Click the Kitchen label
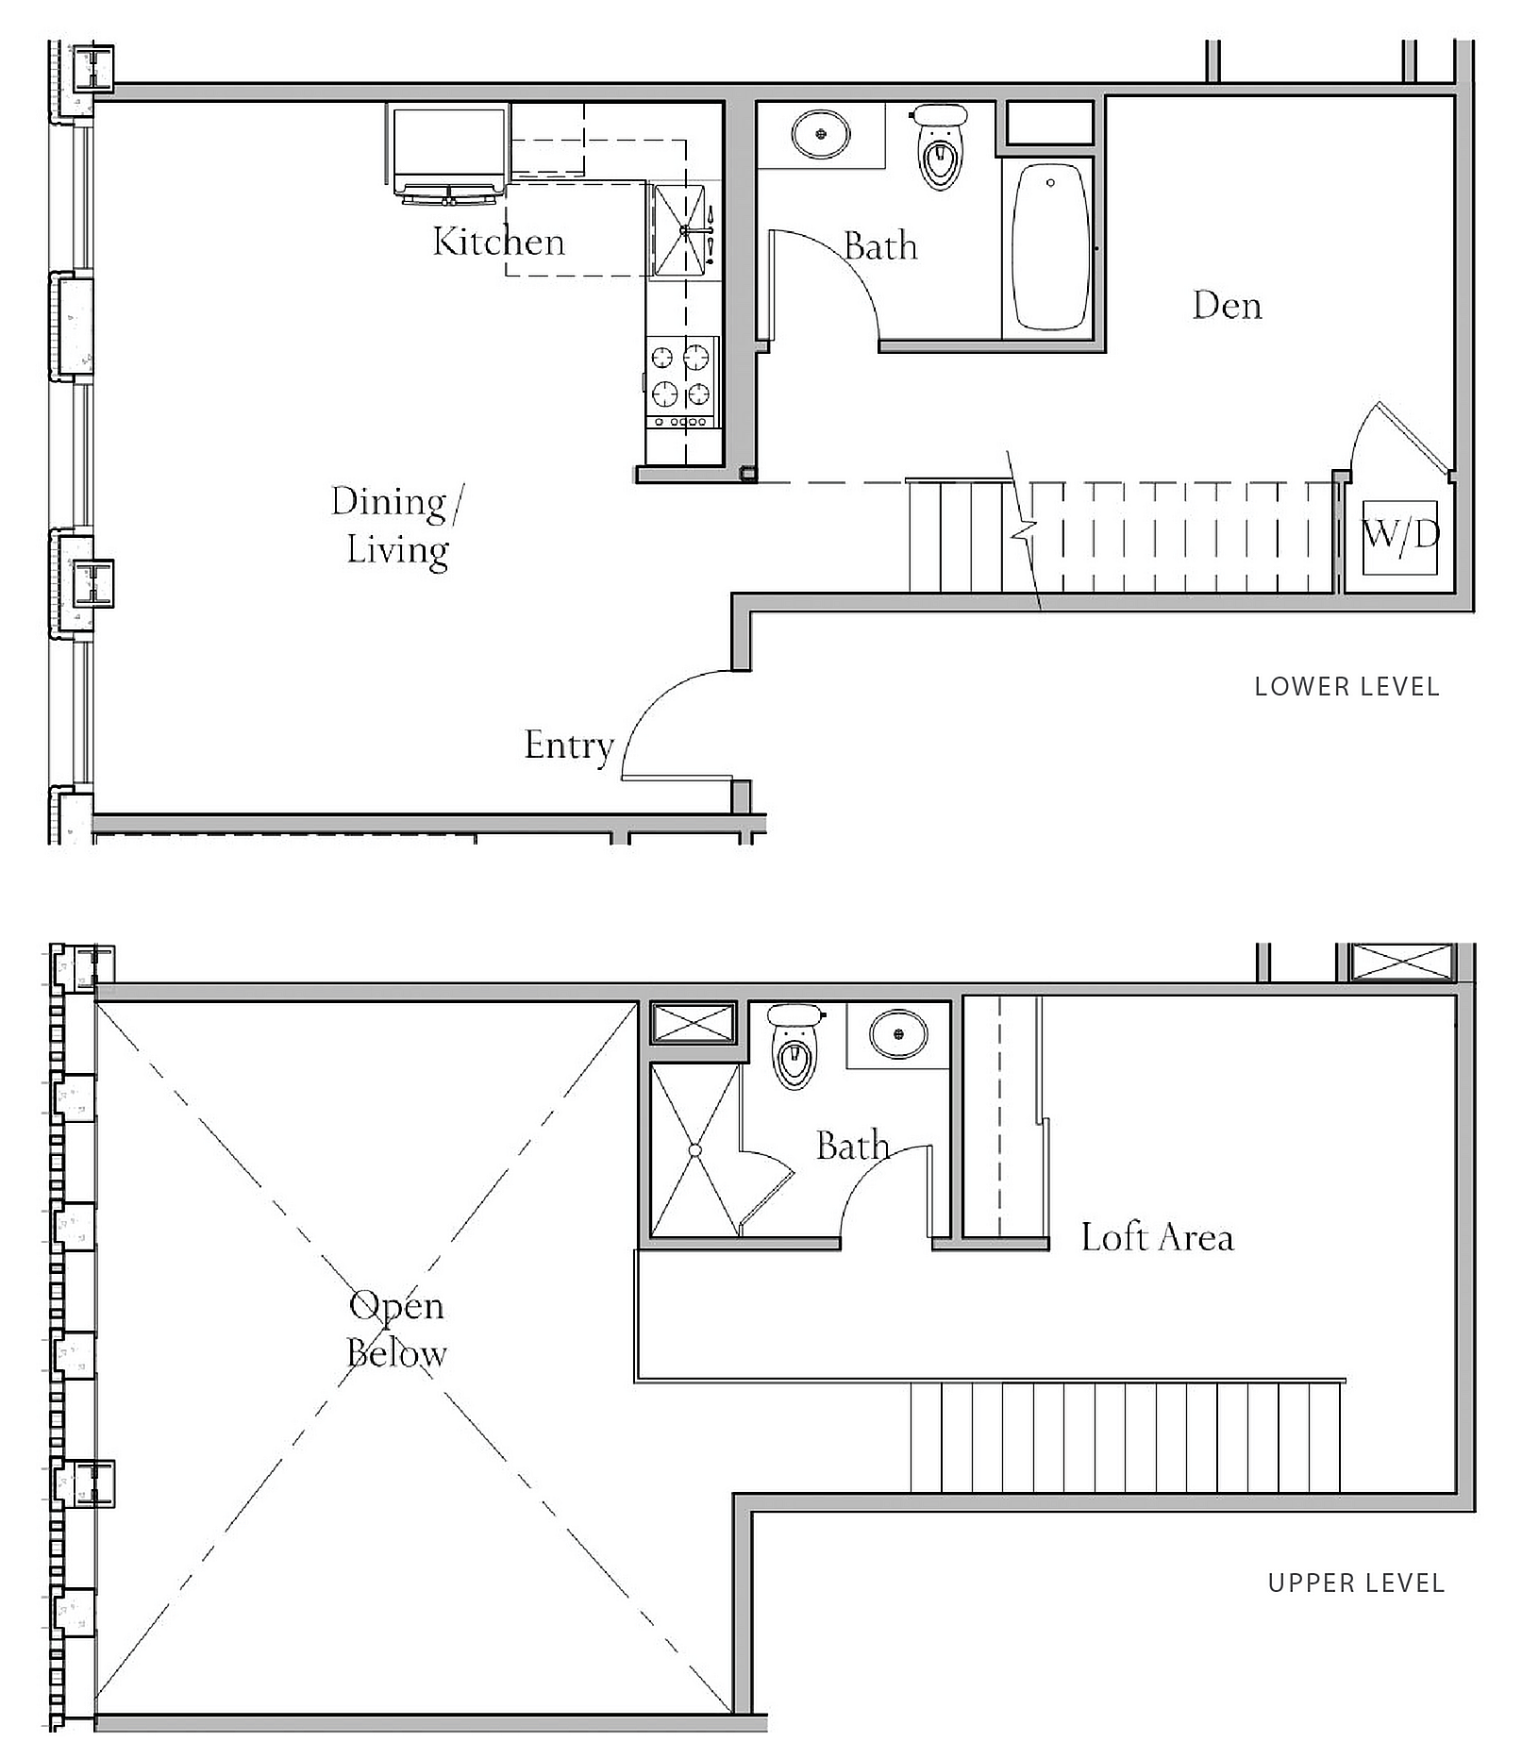tap(498, 242)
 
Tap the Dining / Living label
tap(397, 526)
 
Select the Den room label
tap(1227, 306)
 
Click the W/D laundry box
tap(1400, 537)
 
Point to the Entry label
tap(569, 746)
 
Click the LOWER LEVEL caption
tap(1346, 687)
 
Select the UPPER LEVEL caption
tap(1356, 1583)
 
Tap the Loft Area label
tap(1157, 1237)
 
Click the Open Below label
tap(396, 1330)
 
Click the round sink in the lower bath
tap(821, 134)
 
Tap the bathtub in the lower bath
tap(1049, 247)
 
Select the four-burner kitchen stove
tap(682, 382)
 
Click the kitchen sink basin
tap(679, 231)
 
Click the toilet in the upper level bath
tap(794, 1046)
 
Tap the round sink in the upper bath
tap(898, 1033)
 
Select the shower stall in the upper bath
tap(695, 1150)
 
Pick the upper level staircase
tap(1126, 1437)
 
